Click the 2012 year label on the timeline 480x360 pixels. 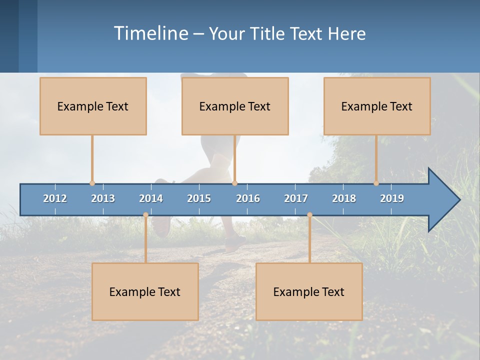point(55,198)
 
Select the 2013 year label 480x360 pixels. point(103,198)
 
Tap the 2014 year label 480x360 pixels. point(151,198)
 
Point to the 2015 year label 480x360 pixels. point(199,198)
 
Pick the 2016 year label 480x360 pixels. point(248,198)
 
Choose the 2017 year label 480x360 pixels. point(296,198)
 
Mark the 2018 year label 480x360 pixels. point(344,198)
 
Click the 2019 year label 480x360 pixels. point(392,198)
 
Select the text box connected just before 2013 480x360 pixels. point(93,106)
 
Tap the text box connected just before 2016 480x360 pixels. point(235,106)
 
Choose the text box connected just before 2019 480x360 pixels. point(377,106)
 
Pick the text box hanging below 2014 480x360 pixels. point(145,291)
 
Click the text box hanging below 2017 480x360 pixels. point(309,291)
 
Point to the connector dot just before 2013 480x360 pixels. point(92,183)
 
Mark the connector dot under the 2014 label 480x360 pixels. point(145,215)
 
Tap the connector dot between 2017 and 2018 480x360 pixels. point(309,215)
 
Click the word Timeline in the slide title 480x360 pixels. point(150,33)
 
